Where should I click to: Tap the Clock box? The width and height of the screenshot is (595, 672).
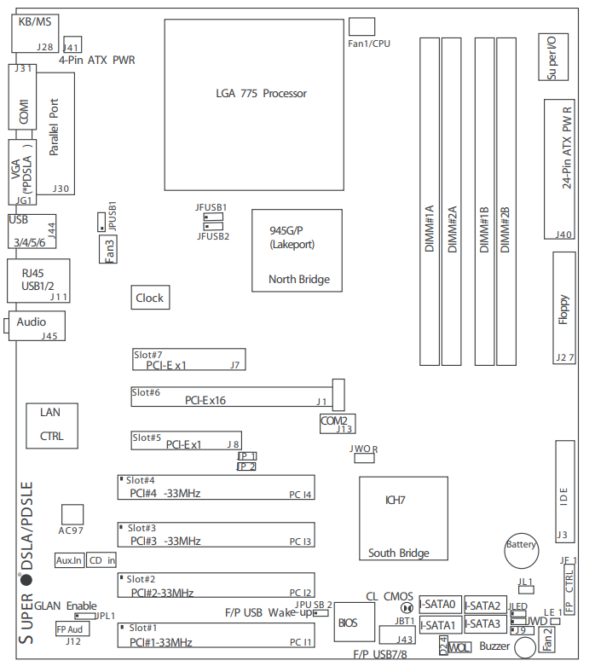[x=149, y=298]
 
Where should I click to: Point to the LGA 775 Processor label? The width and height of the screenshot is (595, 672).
[x=262, y=93]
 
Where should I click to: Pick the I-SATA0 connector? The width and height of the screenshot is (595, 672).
[x=439, y=605]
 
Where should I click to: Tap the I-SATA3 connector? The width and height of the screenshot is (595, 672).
[x=483, y=623]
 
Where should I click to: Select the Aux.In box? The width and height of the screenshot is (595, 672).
[x=68, y=560]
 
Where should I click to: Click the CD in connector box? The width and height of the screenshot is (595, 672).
[x=101, y=560]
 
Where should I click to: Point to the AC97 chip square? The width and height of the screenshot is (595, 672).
[x=72, y=514]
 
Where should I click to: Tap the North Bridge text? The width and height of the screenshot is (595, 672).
[x=298, y=279]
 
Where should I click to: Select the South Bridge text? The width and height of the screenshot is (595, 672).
[x=398, y=553]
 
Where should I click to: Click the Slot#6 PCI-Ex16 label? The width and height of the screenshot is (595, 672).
[x=205, y=399]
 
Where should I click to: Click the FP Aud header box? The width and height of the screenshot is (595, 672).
[x=70, y=628]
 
